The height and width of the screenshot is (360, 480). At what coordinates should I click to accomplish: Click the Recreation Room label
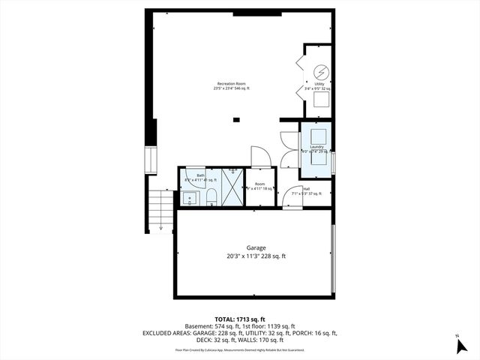coord(232,83)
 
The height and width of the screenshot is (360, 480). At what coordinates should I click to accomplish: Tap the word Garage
coord(256,247)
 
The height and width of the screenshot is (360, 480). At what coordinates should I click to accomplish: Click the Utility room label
coord(319,85)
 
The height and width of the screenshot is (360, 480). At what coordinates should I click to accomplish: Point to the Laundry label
coord(318,147)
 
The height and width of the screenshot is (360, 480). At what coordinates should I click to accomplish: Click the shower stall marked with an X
coord(233,187)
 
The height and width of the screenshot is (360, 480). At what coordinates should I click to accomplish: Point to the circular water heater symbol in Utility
coord(319,72)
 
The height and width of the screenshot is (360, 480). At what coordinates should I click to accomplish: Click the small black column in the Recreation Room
coord(237,118)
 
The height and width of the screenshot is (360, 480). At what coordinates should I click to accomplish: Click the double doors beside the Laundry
coord(288,146)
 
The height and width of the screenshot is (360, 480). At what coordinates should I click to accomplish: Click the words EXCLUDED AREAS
coord(201,333)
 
